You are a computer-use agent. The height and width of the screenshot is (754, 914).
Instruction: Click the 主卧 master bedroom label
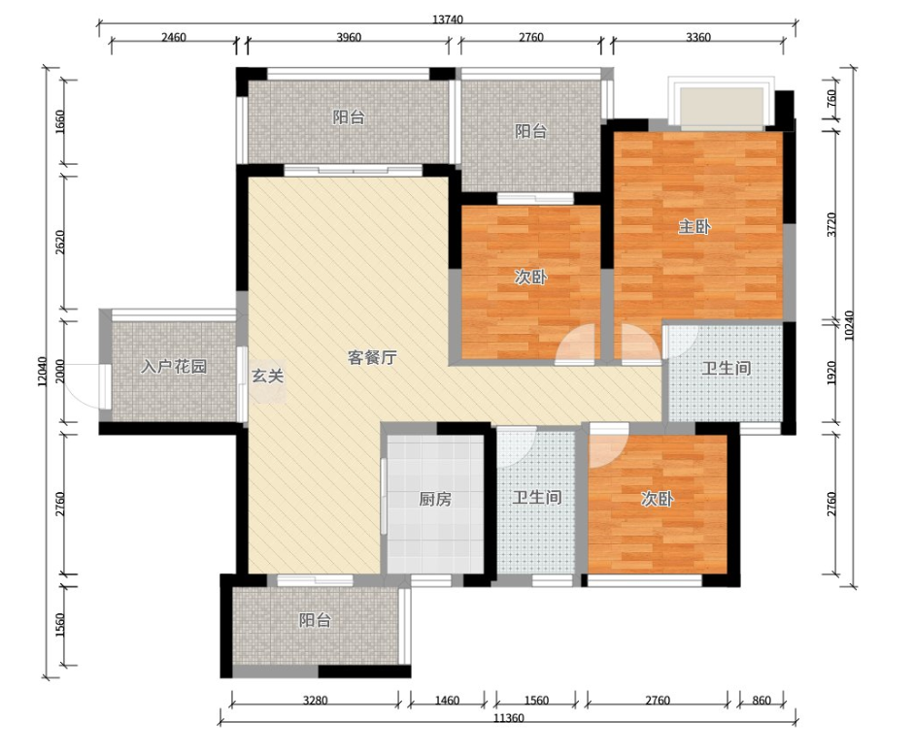[x=694, y=227]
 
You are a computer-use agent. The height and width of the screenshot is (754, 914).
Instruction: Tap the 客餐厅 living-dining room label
[x=372, y=357]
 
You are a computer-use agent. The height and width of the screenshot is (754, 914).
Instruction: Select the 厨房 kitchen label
[x=435, y=499]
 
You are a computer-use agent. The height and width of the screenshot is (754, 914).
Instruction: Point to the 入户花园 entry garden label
[x=174, y=367]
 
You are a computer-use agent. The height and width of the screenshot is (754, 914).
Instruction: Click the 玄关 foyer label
[x=267, y=377]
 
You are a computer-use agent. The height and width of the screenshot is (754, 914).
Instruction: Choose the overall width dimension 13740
[x=448, y=19]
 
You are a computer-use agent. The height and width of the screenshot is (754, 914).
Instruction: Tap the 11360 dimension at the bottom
[x=508, y=718]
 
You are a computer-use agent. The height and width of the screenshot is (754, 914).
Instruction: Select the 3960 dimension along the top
[x=349, y=38]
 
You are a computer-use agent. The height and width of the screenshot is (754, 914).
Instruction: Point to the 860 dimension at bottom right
[x=762, y=701]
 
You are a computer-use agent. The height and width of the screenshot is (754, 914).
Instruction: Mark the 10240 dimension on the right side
[x=849, y=326]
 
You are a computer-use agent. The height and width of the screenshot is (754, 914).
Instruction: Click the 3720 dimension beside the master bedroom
[x=831, y=225]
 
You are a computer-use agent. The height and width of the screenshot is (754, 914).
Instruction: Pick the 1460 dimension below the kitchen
[x=447, y=701]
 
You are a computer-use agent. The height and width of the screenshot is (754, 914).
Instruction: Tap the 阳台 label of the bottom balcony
[x=315, y=621]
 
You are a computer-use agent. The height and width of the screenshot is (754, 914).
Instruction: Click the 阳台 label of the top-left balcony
[x=349, y=117]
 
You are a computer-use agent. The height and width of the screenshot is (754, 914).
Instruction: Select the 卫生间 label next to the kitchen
[x=537, y=498]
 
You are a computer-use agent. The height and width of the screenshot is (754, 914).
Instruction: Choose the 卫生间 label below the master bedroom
[x=726, y=369]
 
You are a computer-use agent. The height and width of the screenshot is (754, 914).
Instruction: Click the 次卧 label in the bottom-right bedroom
[x=657, y=499]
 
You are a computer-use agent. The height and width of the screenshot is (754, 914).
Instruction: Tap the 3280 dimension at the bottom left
[x=315, y=701]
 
